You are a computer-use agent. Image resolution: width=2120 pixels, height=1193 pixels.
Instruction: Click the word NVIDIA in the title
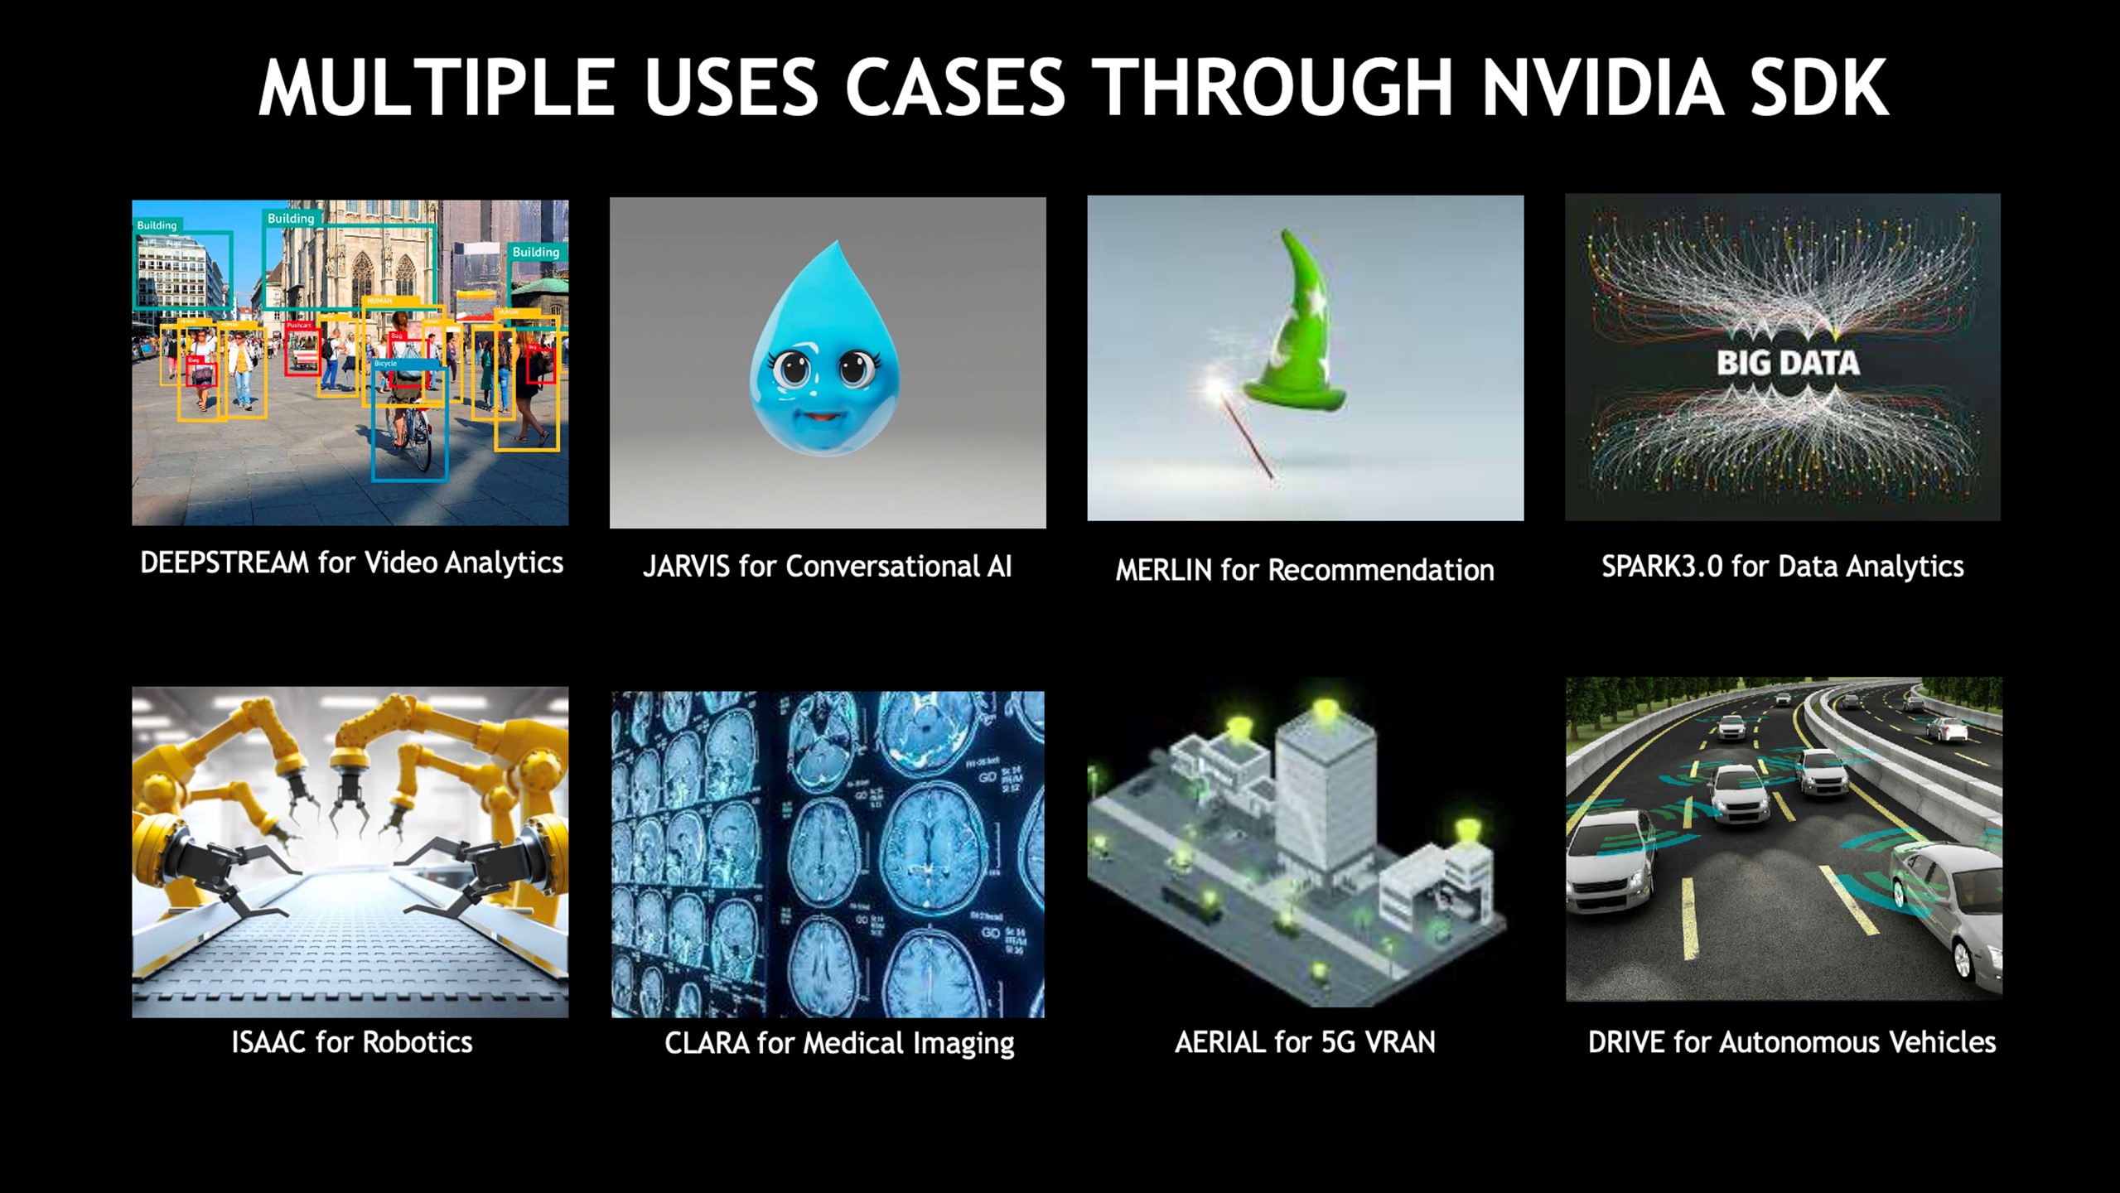tap(1601, 88)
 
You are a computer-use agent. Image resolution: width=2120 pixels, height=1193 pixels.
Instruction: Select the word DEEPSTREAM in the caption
tap(224, 563)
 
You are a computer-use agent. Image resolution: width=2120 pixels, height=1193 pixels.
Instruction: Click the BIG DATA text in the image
tap(1787, 363)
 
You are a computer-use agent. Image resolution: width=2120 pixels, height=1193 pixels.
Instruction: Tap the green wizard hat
tap(1297, 340)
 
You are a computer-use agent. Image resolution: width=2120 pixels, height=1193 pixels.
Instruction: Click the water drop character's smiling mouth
tap(821, 415)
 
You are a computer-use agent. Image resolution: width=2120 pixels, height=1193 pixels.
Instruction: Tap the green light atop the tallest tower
tap(1325, 708)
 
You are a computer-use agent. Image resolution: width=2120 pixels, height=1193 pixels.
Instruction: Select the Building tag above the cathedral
tap(290, 219)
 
